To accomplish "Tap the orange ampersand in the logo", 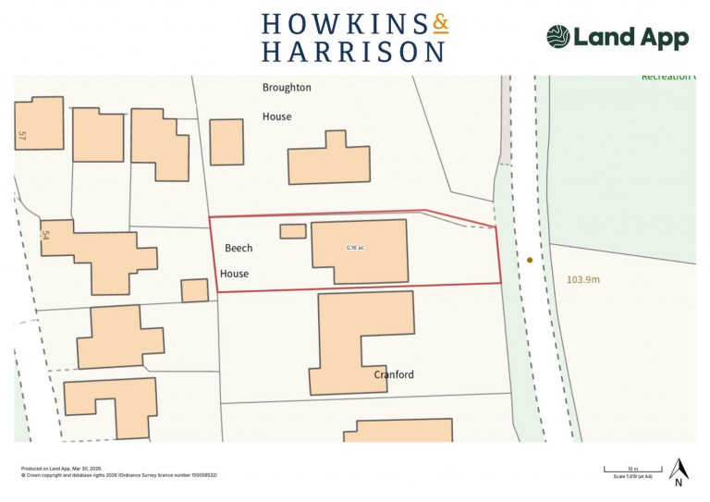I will click(x=440, y=23).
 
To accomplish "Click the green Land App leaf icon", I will click(x=558, y=37).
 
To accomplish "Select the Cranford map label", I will click(x=394, y=374).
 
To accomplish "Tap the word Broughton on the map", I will click(x=287, y=88).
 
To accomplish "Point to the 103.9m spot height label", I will click(x=584, y=279).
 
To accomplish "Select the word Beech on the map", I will click(x=239, y=248).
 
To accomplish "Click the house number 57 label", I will click(x=22, y=136).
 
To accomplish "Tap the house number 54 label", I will click(x=43, y=236).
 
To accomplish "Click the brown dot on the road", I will click(x=530, y=261).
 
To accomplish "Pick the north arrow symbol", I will click(x=679, y=469).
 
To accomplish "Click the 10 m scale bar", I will click(x=630, y=469).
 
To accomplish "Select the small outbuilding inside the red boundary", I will click(x=292, y=231).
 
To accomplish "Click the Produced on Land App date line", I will click(x=61, y=469).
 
